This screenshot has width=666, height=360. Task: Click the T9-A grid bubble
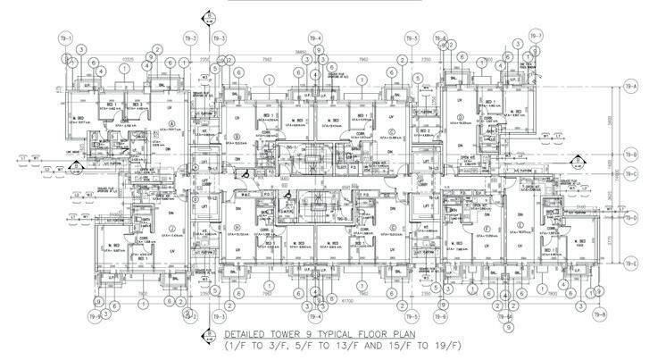point(631,86)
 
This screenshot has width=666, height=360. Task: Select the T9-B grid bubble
point(631,153)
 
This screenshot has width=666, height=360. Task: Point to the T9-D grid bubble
point(631,216)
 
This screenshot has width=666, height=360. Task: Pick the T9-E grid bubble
point(631,263)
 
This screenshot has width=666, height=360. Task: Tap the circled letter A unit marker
point(171,122)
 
